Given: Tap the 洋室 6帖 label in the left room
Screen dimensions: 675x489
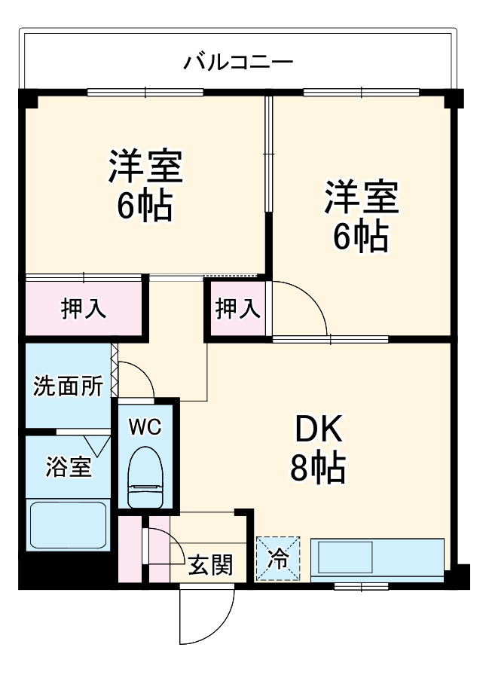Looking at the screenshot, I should (x=145, y=185).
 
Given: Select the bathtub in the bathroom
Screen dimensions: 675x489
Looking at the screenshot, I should (x=68, y=525).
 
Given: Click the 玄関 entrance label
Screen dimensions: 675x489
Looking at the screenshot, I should (x=209, y=563).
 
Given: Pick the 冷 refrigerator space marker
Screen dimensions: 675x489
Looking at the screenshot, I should (x=278, y=558).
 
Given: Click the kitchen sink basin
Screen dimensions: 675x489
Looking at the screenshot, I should (x=346, y=558).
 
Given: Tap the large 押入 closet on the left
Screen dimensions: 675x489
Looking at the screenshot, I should (x=83, y=309).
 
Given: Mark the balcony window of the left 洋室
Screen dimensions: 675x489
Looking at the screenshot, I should (x=145, y=93).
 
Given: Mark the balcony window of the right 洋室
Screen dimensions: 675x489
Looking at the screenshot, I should (x=361, y=93).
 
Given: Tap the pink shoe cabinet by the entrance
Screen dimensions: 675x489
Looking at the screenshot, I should (x=130, y=548).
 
